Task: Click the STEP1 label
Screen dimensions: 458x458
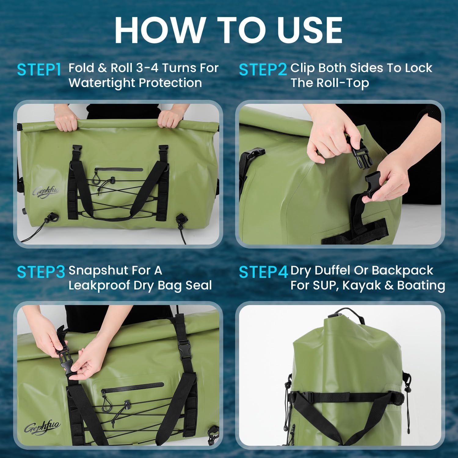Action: (39, 70)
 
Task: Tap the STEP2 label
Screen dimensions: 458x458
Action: (263, 70)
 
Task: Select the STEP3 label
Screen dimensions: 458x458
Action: (41, 272)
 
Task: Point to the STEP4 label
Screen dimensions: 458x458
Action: (264, 272)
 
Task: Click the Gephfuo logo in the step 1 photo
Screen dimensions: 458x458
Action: (45, 192)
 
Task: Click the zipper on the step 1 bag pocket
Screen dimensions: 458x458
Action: (119, 170)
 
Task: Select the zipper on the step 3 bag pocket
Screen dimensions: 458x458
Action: (132, 387)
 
